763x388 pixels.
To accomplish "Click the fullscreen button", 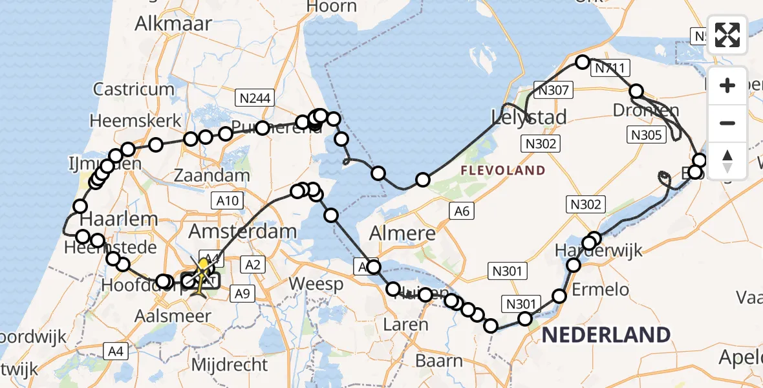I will (x=727, y=35).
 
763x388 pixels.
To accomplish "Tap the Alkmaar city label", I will (x=173, y=24).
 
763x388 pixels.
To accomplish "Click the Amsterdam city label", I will (x=242, y=231).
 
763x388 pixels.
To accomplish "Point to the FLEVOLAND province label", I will (x=502, y=171).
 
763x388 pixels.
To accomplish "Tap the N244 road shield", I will (x=255, y=98).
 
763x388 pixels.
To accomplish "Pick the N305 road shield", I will (x=645, y=135).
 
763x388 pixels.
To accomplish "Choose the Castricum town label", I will (x=134, y=89).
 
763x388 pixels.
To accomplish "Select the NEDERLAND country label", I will (x=606, y=334).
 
